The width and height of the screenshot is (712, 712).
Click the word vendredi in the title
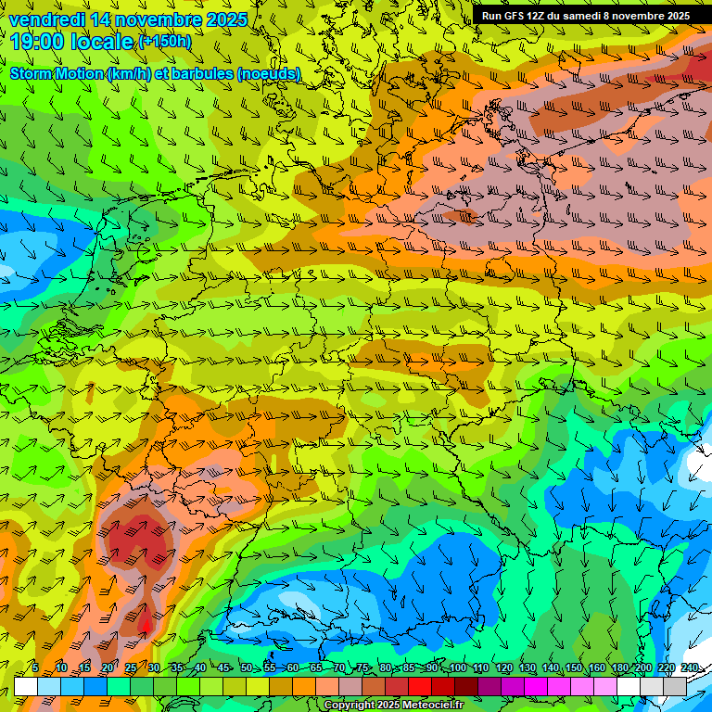coord(47,19)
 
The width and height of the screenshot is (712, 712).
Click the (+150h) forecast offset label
coord(165,42)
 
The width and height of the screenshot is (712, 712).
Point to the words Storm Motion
coord(56,73)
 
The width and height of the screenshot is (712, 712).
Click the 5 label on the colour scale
coord(35,668)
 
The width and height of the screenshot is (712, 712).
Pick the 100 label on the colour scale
coord(457,668)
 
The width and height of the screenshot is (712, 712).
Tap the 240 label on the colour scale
coord(690,668)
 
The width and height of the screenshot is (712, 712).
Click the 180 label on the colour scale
coord(619,668)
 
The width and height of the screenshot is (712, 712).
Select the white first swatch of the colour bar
coord(26,686)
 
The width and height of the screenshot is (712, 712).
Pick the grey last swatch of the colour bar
coord(675,686)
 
